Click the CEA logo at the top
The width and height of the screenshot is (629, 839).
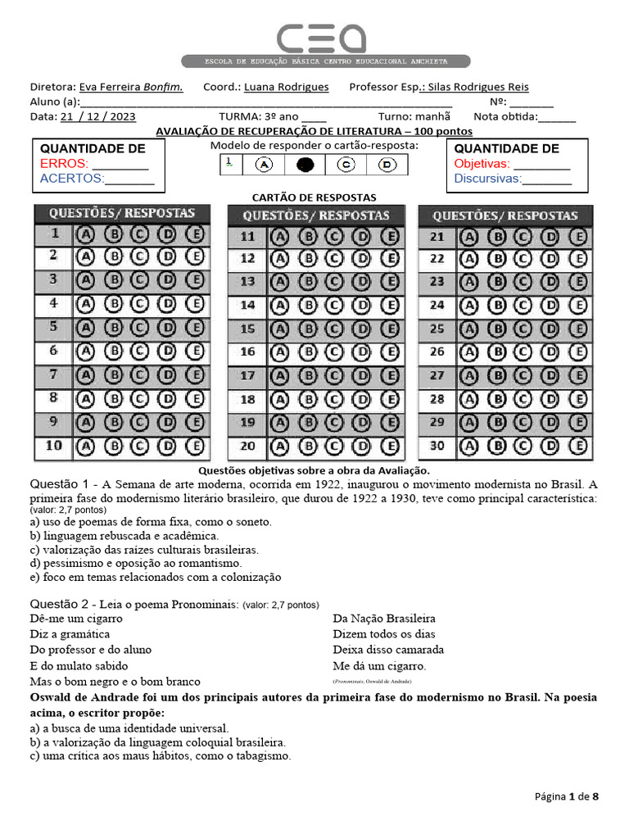point(320,38)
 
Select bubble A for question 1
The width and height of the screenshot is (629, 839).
point(85,234)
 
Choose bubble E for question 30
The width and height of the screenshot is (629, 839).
point(578,447)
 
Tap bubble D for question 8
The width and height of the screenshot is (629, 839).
point(167,399)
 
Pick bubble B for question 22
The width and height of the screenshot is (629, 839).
point(496,259)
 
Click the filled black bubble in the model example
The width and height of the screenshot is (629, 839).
point(305,165)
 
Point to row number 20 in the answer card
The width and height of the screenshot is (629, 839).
point(247,447)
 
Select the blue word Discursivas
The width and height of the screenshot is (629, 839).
point(487,179)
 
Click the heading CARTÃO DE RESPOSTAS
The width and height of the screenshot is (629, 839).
point(314,197)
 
